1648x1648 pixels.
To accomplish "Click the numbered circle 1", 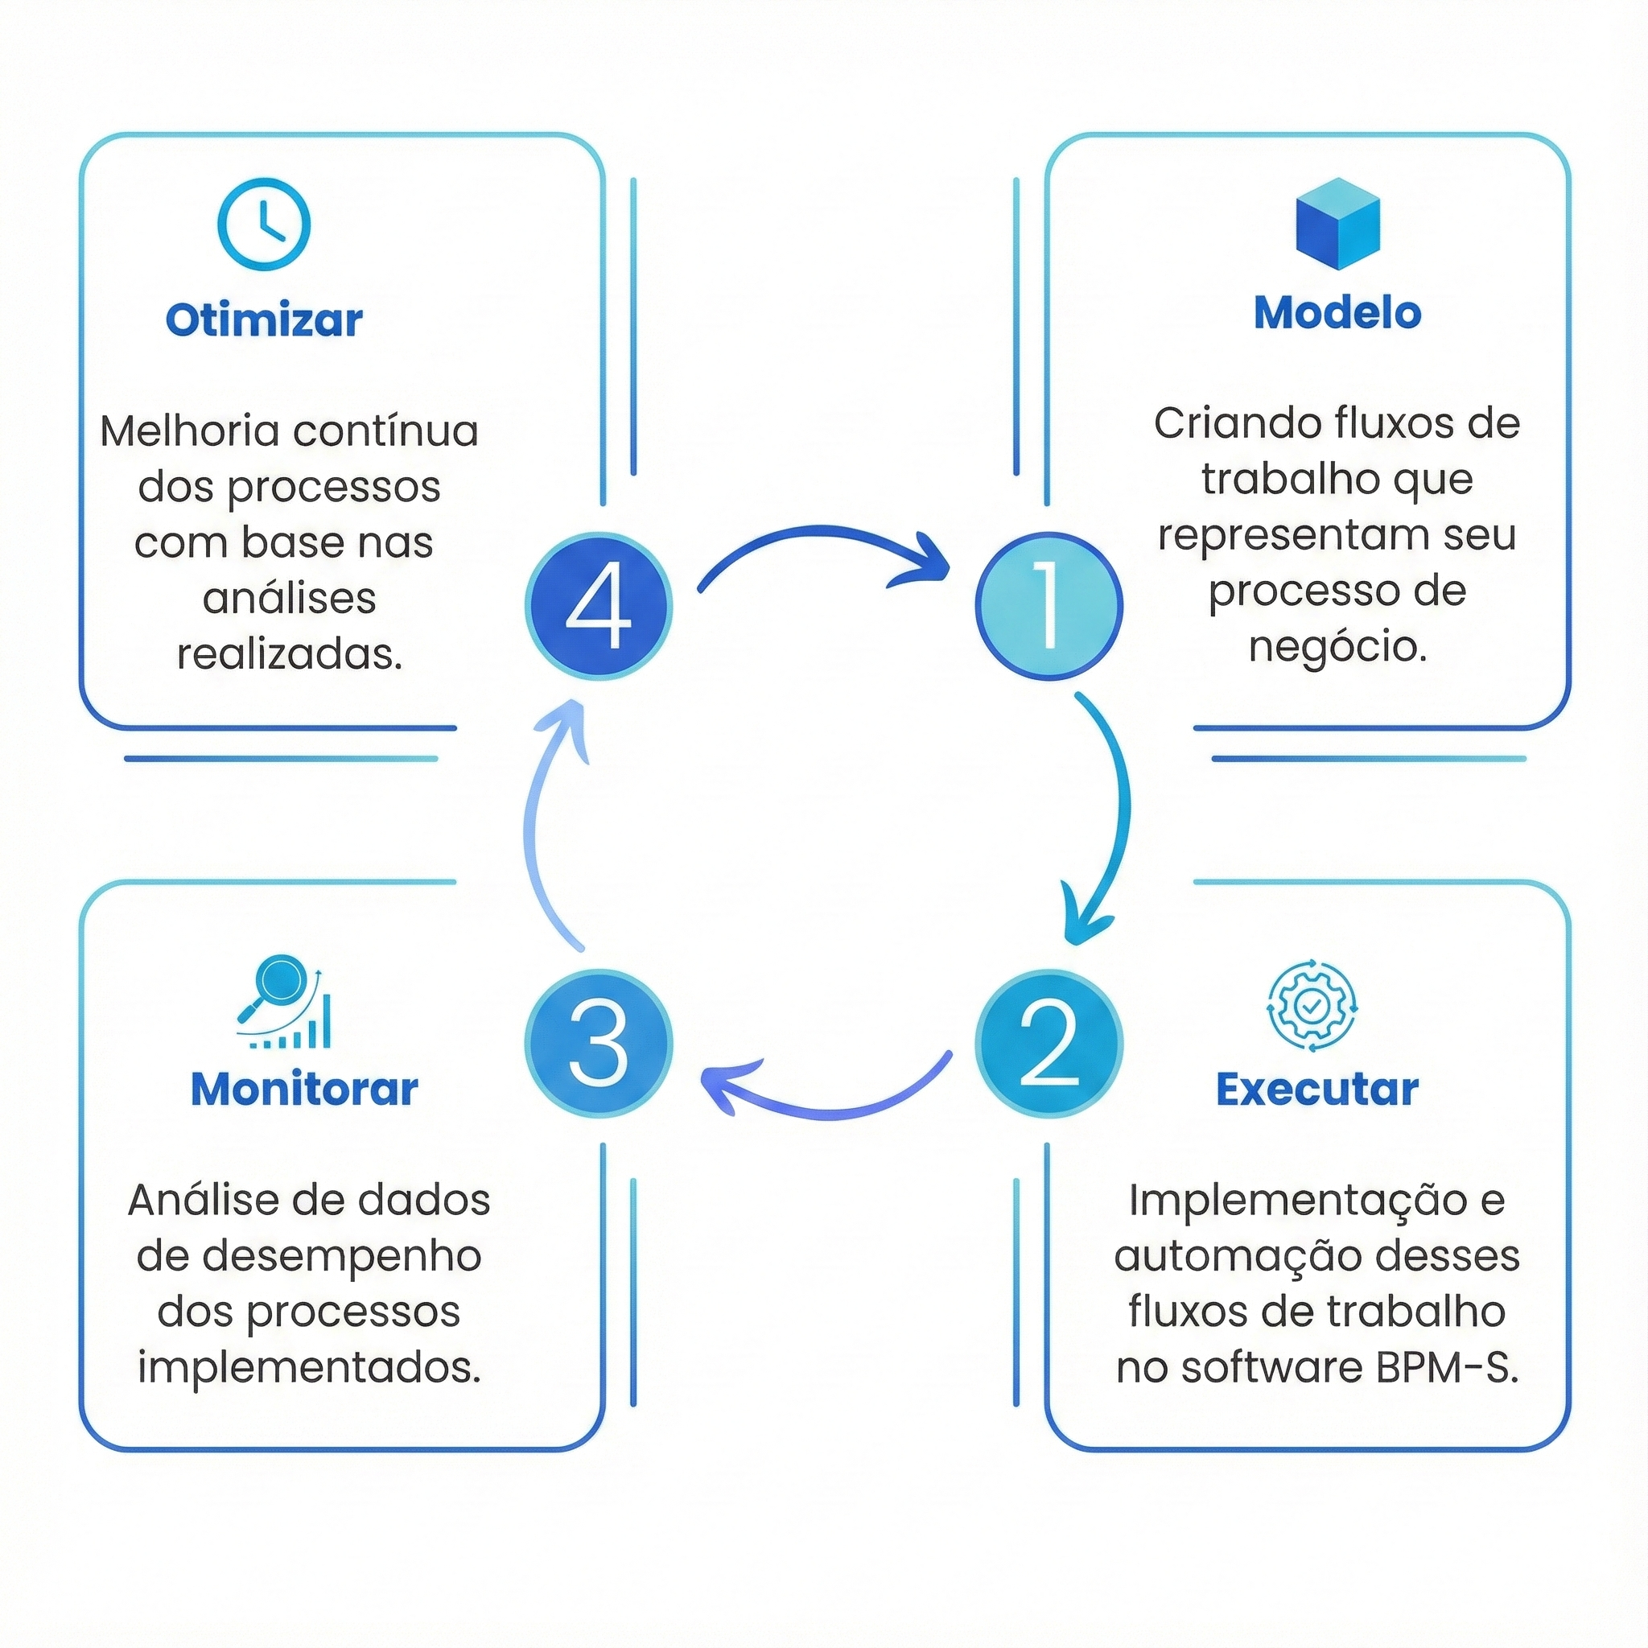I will (1049, 606).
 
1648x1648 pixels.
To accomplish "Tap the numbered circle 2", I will (1049, 1043).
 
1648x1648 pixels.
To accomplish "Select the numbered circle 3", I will (599, 1043).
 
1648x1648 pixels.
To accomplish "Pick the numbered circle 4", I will (599, 606).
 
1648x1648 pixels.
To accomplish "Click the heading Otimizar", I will (264, 320).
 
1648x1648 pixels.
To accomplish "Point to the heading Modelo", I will (1337, 313).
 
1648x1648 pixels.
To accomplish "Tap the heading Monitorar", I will (304, 1090).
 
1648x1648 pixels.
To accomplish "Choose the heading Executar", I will (1317, 1090).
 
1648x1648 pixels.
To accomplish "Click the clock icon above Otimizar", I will (264, 225).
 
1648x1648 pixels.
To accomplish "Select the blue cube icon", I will (1337, 224).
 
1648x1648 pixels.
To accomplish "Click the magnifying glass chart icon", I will (284, 1004).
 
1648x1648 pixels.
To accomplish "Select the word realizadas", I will (289, 654).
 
